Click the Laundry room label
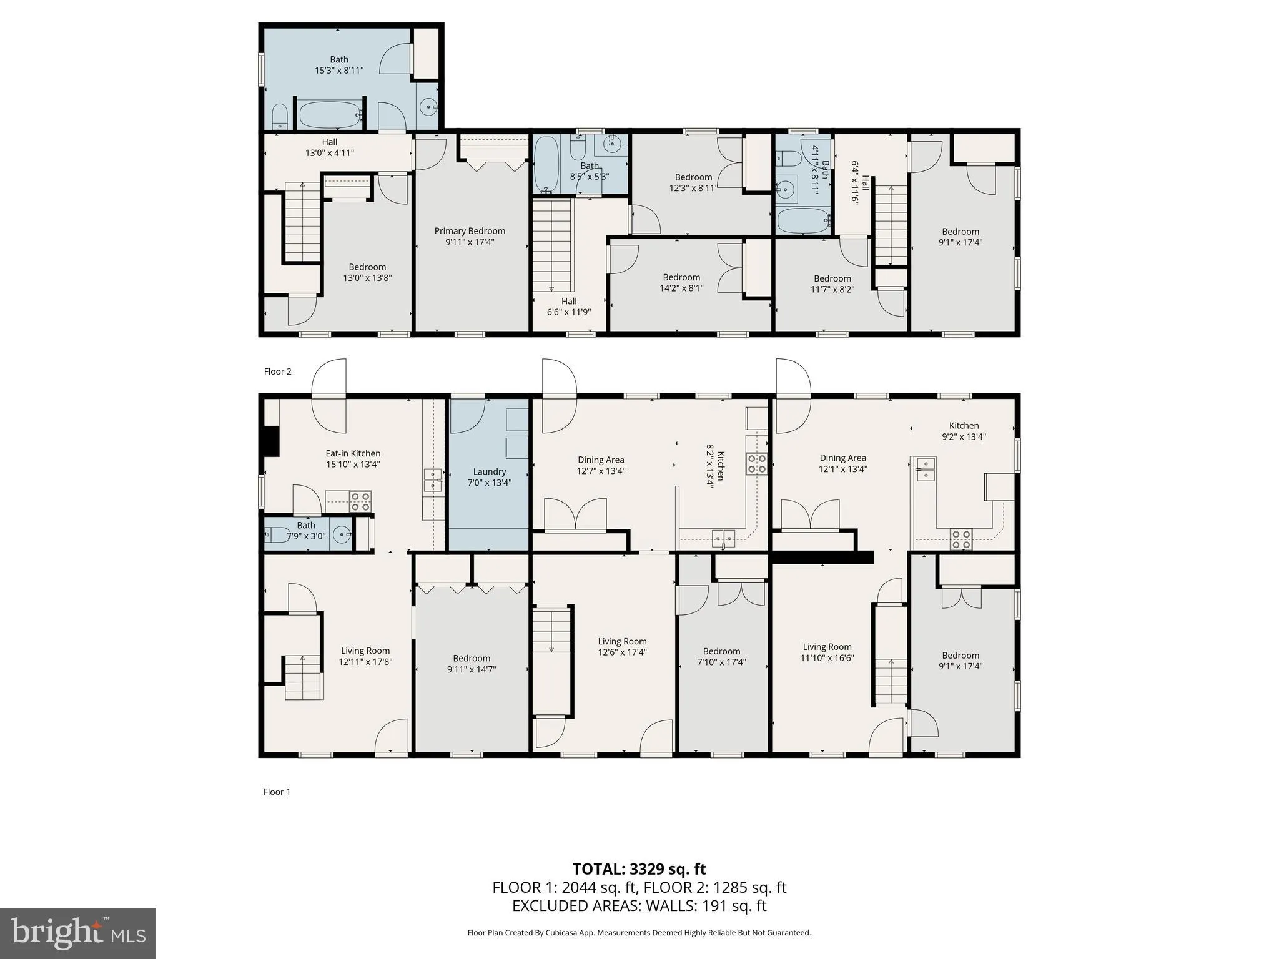[x=489, y=477]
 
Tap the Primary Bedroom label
[x=470, y=236]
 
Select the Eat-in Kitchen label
[x=353, y=458]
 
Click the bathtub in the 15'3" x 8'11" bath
[x=330, y=114]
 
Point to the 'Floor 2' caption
[x=277, y=371]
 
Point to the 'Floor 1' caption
[x=277, y=792]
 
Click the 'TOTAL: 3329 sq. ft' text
[x=639, y=869]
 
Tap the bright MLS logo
[x=78, y=933]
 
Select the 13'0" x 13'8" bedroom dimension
[x=367, y=278]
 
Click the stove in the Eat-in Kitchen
[x=360, y=501]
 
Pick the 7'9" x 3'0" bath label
[x=306, y=531]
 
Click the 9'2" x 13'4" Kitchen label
[x=964, y=431]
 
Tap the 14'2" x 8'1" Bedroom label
[x=681, y=282]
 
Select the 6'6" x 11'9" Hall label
[x=568, y=307]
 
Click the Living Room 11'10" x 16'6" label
[x=827, y=652]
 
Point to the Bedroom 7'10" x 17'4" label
[x=721, y=656]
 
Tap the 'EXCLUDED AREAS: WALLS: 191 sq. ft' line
[x=639, y=906]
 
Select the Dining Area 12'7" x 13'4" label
[x=601, y=465]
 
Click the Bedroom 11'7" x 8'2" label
[x=832, y=283]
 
